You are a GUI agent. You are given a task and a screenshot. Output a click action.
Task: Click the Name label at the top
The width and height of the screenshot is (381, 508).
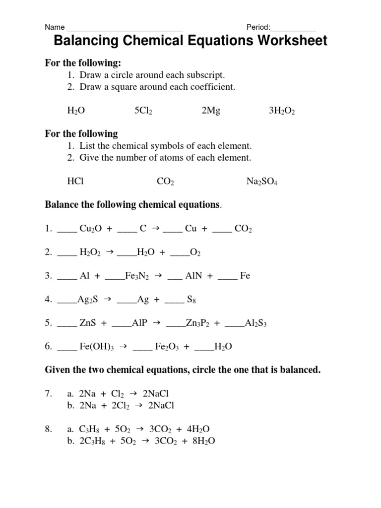[55, 27]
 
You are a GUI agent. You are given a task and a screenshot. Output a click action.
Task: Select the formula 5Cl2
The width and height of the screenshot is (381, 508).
[143, 111]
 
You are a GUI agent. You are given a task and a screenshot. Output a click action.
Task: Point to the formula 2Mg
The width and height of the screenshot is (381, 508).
[211, 111]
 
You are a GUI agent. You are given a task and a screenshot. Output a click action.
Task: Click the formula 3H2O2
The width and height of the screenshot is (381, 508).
[282, 111]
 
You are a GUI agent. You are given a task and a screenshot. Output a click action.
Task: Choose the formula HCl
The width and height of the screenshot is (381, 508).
[75, 182]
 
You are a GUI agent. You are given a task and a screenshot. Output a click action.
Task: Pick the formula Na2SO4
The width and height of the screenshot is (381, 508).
[262, 182]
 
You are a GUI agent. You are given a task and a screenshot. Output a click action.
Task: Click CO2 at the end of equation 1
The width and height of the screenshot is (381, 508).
[243, 229]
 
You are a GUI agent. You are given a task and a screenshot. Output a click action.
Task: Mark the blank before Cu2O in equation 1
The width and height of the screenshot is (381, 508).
[67, 231]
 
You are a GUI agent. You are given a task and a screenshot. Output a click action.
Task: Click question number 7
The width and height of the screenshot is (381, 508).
[49, 393]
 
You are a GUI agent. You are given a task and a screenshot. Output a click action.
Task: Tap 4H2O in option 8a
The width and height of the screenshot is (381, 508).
[204, 429]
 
